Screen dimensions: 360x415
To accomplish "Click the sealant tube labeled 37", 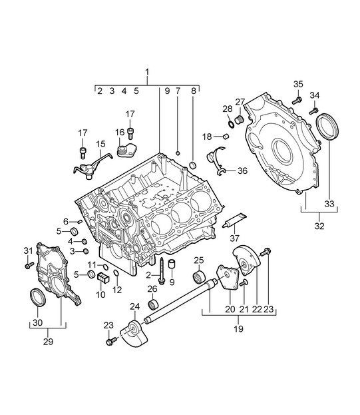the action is [234, 220].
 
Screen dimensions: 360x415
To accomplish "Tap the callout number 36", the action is [242, 171].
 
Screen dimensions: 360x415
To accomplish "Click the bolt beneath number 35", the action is [297, 101].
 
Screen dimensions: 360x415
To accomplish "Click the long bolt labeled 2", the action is [161, 271].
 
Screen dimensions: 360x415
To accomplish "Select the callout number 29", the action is [48, 342].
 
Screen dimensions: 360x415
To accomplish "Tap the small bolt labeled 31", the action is [29, 265].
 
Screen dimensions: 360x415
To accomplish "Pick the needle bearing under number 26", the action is [153, 304].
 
